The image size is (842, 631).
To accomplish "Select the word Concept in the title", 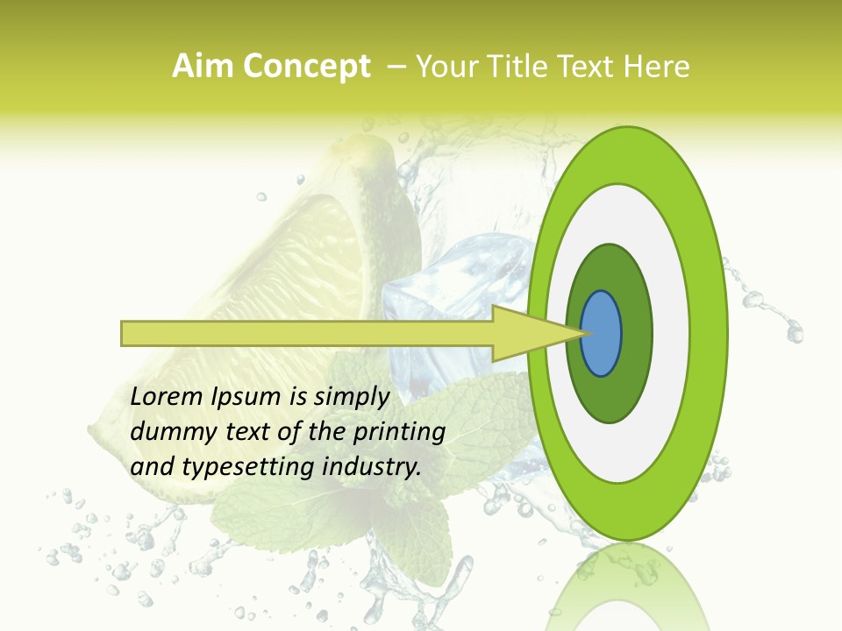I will click(307, 67).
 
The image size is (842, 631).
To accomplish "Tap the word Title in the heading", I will click(522, 67).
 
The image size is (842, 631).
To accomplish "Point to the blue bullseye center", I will click(602, 334).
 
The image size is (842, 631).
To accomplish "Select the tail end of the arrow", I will click(124, 333).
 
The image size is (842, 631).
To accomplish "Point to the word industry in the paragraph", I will click(372, 467).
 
